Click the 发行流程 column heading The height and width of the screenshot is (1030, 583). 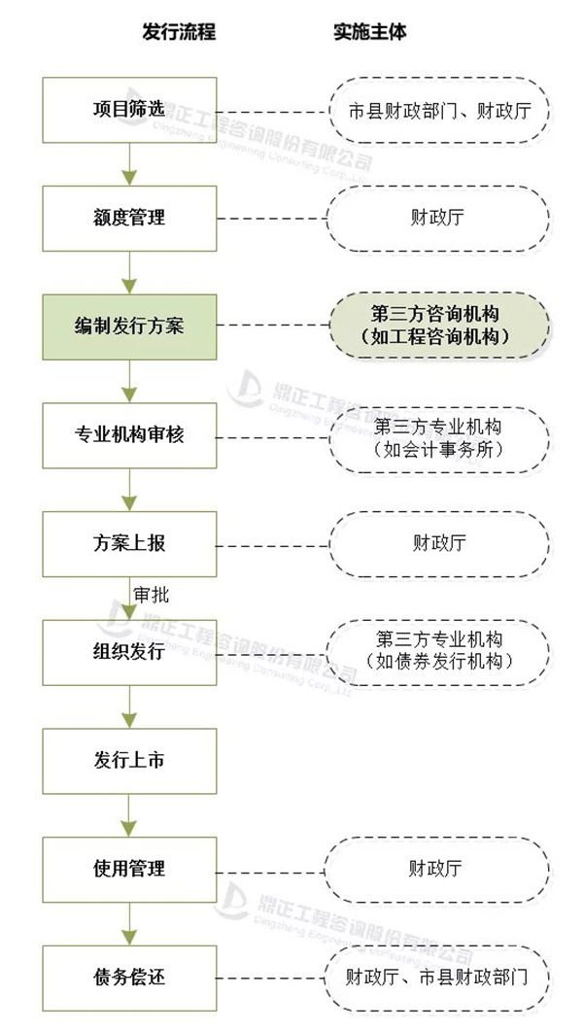[178, 32]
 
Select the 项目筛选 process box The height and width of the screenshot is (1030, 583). [129, 109]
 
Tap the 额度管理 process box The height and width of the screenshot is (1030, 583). [129, 218]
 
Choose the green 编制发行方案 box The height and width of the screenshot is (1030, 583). [129, 326]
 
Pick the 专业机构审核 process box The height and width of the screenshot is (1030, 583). [129, 434]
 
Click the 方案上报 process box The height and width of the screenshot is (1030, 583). [129, 543]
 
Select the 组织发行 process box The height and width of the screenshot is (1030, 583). [129, 651]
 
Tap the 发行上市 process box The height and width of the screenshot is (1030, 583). [129, 760]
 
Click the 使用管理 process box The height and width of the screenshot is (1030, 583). [129, 868]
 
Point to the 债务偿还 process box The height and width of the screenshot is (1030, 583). [129, 976]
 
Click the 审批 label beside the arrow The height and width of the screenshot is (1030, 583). [151, 595]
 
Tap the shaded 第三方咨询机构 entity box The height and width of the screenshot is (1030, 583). [438, 326]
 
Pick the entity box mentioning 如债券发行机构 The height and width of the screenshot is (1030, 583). [438, 651]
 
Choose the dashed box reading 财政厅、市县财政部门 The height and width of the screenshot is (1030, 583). [438, 976]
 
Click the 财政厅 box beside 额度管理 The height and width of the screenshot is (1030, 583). [438, 218]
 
